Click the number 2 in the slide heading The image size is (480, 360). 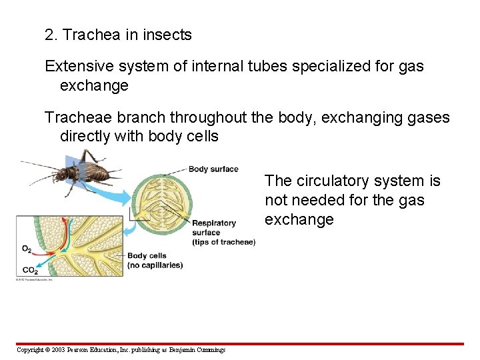pyautogui.click(x=49, y=35)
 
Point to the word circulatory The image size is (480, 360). pyautogui.click(x=333, y=181)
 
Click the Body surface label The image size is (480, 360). pyautogui.click(x=213, y=169)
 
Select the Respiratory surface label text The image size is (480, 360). pyautogui.click(x=214, y=227)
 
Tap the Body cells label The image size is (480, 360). pyautogui.click(x=147, y=255)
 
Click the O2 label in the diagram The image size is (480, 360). pyautogui.click(x=26, y=249)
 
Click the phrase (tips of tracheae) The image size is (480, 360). pyautogui.click(x=223, y=242)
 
